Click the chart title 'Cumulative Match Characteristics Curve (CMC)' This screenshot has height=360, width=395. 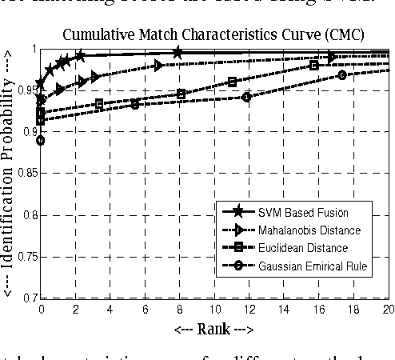pos(215,35)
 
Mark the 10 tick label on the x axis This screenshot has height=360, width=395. pos(214,308)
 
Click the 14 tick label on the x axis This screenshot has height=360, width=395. pos(284,308)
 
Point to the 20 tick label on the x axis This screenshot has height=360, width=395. pos(387,308)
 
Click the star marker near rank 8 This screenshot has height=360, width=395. pos(178,53)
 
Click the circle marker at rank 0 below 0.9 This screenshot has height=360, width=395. pos(41,140)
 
